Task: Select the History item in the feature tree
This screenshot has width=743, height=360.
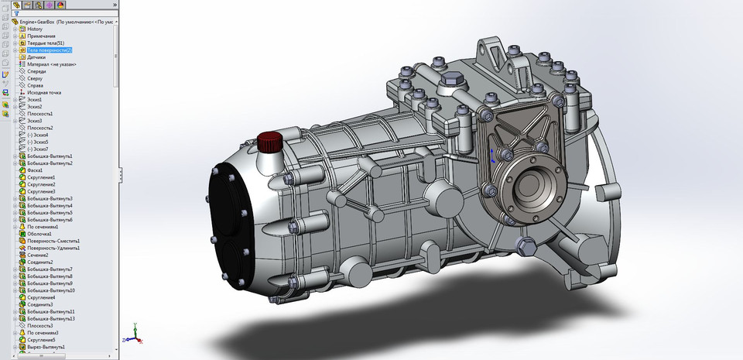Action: tap(35, 29)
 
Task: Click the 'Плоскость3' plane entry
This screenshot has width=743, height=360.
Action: tap(40, 326)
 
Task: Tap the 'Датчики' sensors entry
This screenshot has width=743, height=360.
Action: tap(36, 57)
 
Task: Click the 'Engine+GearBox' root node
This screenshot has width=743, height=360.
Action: tap(46, 22)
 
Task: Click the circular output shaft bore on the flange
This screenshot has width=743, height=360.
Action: tap(532, 187)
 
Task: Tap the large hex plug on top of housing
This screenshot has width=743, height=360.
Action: tap(451, 81)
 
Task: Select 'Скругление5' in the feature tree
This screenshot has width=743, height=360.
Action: tap(42, 340)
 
